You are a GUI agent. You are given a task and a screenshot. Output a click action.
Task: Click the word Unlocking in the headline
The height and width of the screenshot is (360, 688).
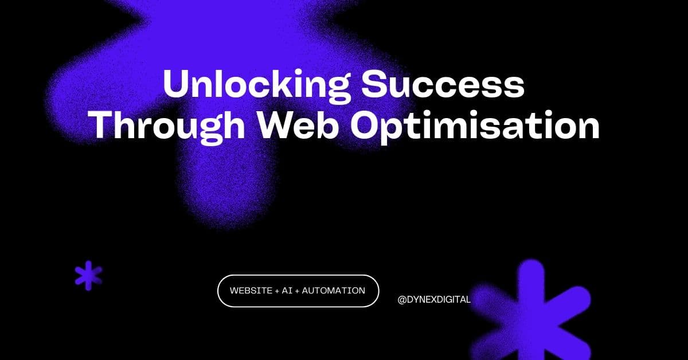coord(255,84)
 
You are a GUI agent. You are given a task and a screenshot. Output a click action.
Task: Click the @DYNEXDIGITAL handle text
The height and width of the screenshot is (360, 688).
coord(433,299)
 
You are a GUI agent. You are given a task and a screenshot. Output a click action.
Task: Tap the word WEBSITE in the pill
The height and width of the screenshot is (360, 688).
coord(251,291)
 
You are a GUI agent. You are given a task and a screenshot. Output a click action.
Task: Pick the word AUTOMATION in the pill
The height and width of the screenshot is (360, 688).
coord(333,291)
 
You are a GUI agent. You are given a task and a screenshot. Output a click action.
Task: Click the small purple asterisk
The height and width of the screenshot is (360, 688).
coord(89,275)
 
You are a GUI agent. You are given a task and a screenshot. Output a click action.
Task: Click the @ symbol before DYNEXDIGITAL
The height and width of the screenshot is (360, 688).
coord(401,299)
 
